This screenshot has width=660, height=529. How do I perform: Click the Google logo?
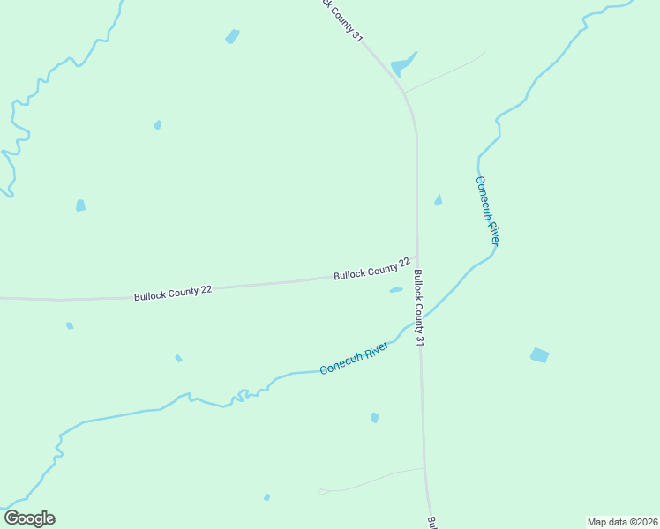coord(29,518)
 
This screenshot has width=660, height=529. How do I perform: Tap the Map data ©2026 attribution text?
coord(622,522)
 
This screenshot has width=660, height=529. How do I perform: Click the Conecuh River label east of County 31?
coord(488,211)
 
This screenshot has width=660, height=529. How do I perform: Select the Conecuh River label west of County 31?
coord(354,358)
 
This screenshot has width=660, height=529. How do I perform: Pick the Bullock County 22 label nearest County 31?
coord(371,269)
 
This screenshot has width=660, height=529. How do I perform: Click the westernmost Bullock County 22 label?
coord(172,292)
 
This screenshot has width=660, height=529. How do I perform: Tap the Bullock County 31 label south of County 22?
coord(421,307)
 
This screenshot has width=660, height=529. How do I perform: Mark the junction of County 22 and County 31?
coord(417,259)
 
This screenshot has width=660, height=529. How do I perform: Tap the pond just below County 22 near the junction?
coord(396,289)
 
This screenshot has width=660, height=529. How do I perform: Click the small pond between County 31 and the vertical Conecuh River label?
coord(438,201)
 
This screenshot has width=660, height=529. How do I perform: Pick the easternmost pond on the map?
coord(539,355)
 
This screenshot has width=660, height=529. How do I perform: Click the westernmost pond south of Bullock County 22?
coord(70,326)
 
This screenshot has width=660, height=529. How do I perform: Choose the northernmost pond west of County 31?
coord(232,36)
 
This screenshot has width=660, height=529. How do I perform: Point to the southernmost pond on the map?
coord(266,497)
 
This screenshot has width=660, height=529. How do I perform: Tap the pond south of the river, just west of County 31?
coord(375,417)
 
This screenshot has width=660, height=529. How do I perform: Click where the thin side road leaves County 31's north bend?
coord(404,93)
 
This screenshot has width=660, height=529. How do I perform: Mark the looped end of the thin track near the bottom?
coord(323,491)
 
